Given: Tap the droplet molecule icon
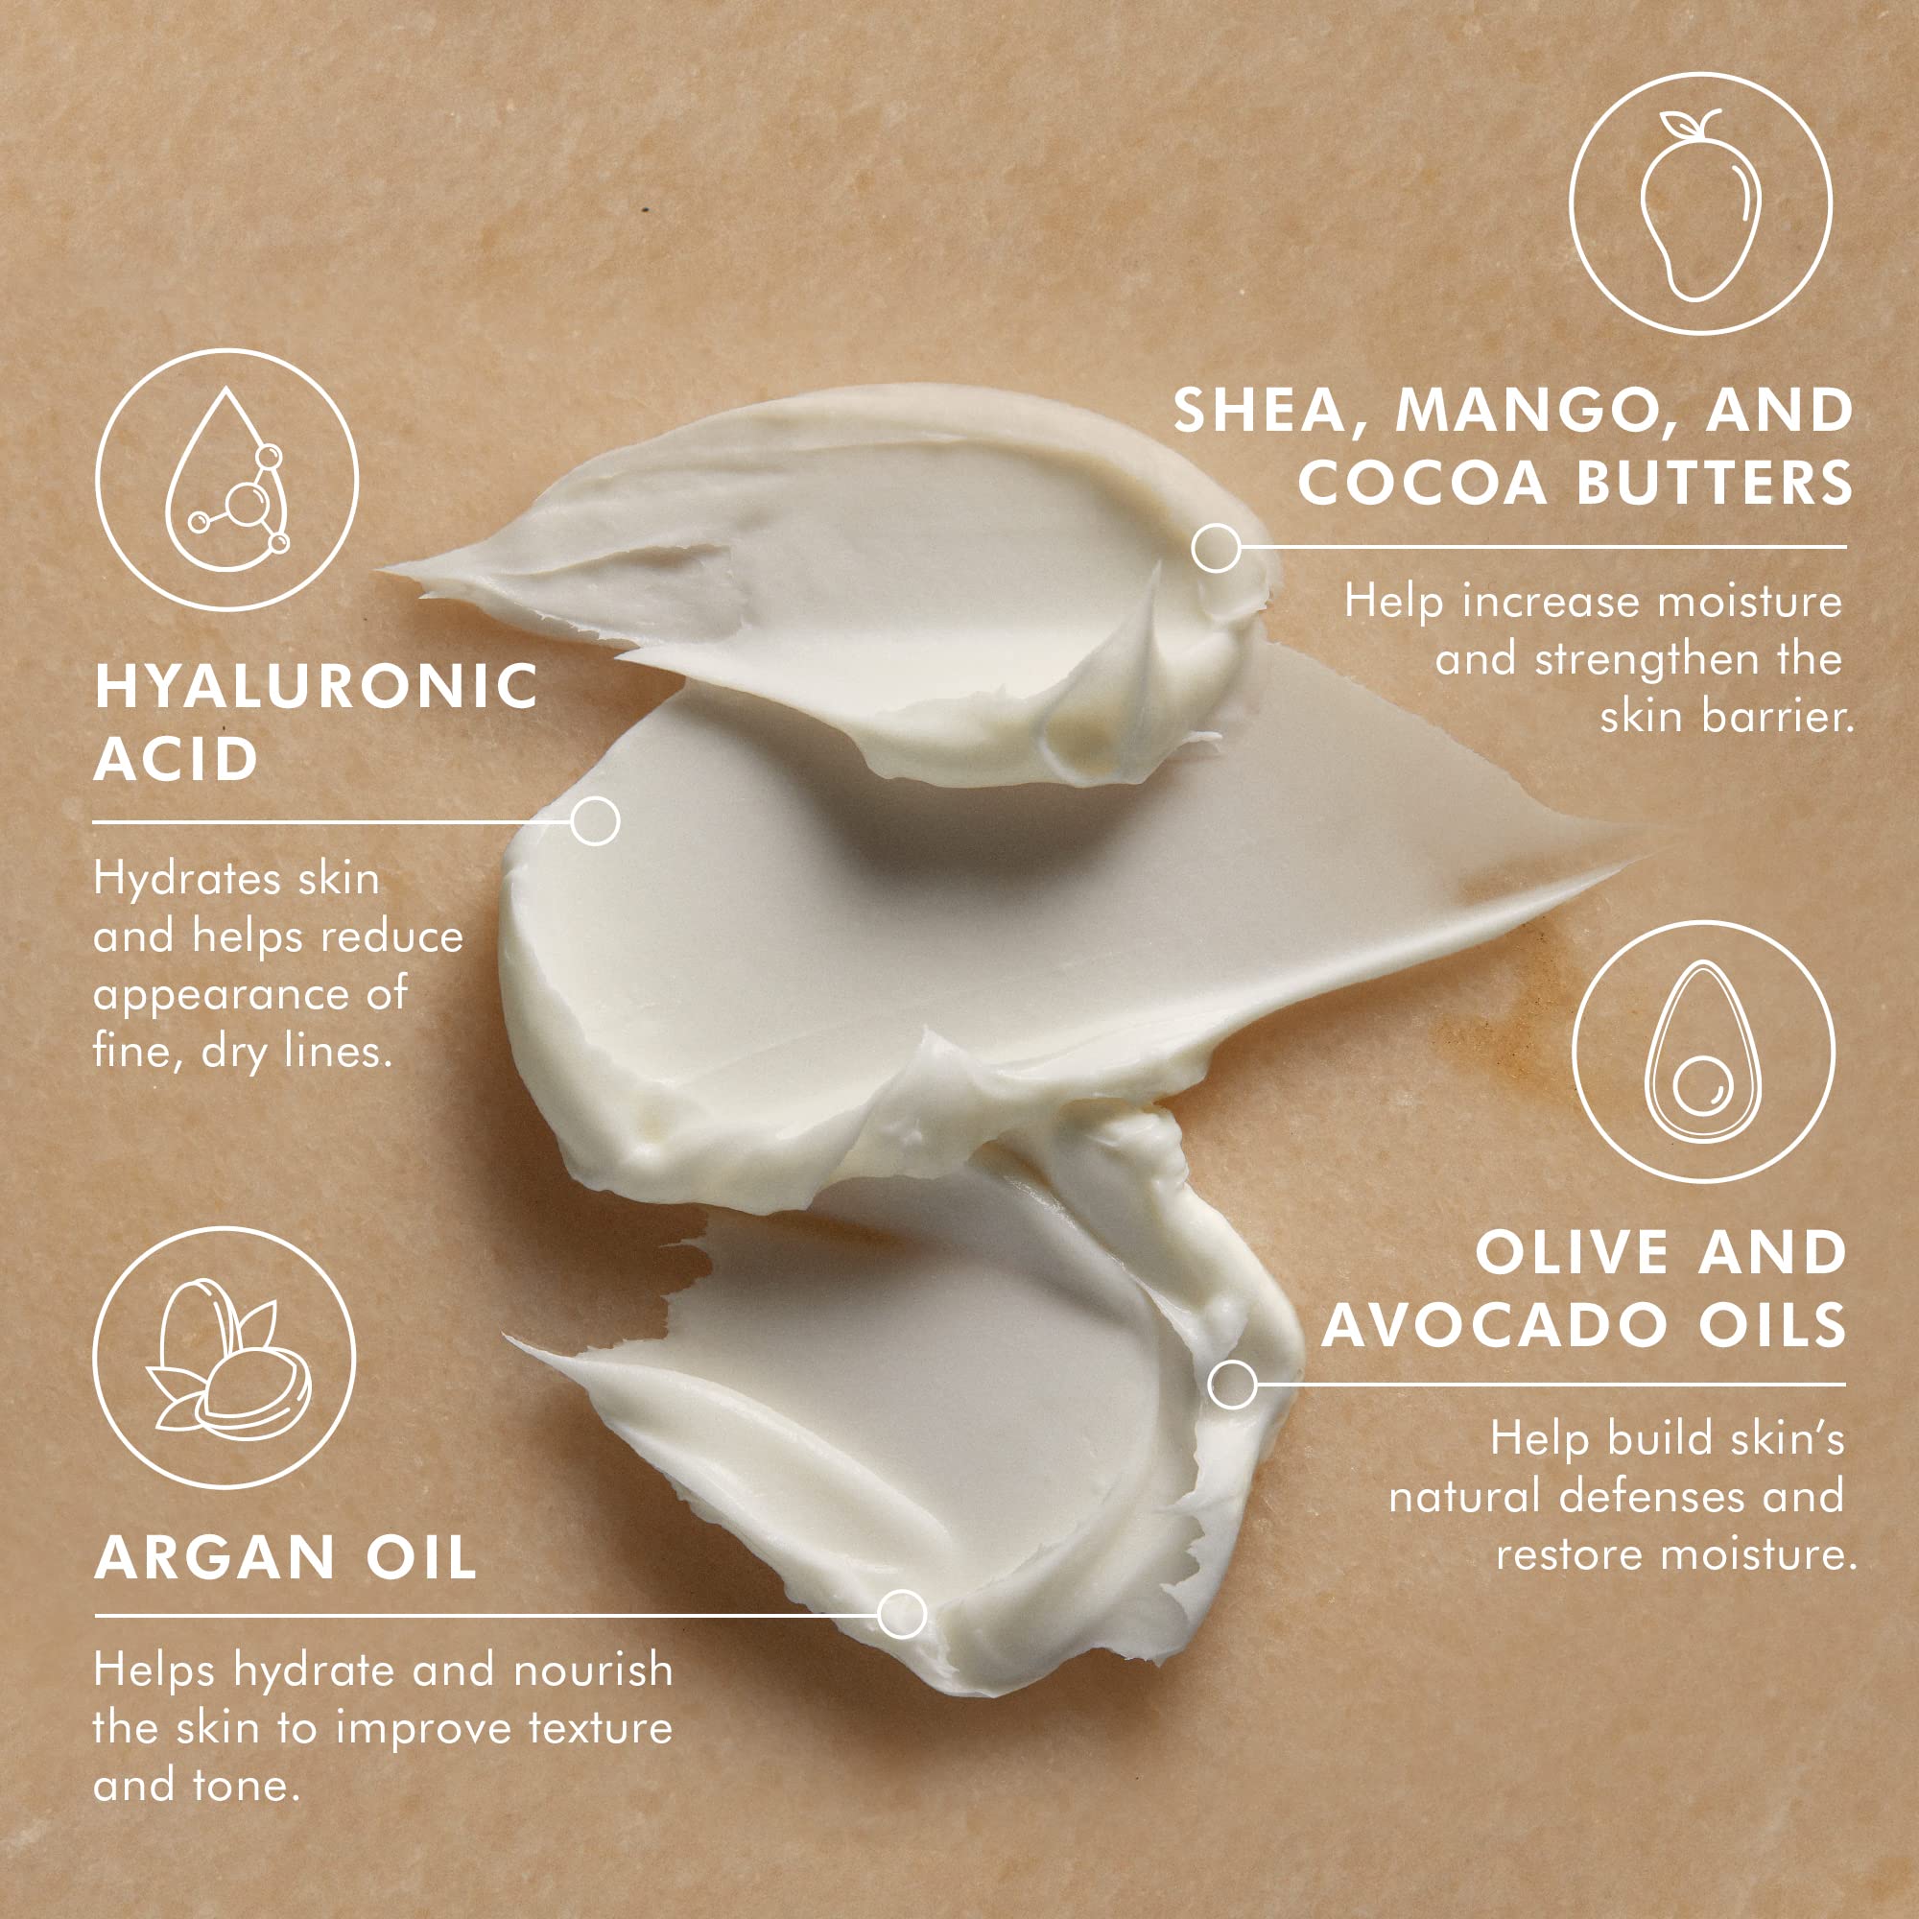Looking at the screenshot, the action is [227, 480].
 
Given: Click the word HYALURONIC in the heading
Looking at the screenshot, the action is [316, 686].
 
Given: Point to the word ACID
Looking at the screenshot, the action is [176, 760].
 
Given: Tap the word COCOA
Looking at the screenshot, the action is [1422, 482].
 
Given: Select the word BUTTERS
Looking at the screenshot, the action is [1715, 482].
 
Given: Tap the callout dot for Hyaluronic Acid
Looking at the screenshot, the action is [595, 821].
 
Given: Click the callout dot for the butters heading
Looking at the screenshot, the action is [1216, 547].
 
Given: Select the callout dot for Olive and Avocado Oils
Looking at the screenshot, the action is [1233, 1385].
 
